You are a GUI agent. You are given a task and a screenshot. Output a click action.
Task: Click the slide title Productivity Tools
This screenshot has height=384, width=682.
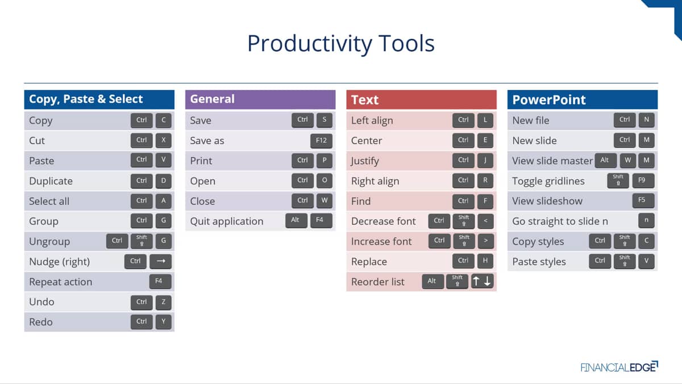(x=340, y=43)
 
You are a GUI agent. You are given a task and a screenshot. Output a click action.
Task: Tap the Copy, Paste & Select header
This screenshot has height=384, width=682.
(x=99, y=100)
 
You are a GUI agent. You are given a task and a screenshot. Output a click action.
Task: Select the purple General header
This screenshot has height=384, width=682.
(x=260, y=100)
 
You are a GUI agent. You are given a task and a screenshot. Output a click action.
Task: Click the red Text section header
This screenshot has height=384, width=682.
(x=421, y=100)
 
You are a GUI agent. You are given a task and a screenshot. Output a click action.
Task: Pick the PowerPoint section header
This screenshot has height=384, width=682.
(x=583, y=100)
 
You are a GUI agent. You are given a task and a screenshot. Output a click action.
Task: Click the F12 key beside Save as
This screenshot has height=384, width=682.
(x=321, y=141)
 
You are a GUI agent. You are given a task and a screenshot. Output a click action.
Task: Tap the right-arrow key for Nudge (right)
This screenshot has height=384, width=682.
(x=160, y=261)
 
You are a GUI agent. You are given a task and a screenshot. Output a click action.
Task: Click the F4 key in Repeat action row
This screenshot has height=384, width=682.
(x=160, y=281)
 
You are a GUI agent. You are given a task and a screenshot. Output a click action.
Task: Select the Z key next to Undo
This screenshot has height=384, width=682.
(x=164, y=302)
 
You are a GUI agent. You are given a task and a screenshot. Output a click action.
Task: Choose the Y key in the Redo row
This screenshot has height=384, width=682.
(x=164, y=322)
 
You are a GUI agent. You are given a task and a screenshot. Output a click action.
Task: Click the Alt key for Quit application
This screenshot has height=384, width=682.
(x=296, y=220)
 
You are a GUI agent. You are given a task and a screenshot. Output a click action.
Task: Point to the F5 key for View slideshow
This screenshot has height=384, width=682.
(x=643, y=200)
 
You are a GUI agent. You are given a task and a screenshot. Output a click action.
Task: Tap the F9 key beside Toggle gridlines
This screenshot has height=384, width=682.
(x=643, y=180)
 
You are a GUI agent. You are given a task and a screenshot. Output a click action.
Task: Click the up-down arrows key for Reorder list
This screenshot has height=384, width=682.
(x=482, y=281)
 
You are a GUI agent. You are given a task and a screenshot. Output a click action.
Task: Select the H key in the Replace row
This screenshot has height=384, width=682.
(x=485, y=261)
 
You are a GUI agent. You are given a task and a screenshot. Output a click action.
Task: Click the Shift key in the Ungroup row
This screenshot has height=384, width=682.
(x=142, y=241)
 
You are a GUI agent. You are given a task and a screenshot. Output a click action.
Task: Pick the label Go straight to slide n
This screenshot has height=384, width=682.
(x=560, y=221)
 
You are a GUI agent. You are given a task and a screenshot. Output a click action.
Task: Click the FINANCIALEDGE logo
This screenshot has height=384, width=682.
(x=619, y=367)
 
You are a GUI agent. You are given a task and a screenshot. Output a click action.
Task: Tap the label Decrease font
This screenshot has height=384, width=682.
(x=383, y=221)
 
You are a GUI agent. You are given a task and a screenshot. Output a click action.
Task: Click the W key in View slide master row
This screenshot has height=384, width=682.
(x=628, y=160)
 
